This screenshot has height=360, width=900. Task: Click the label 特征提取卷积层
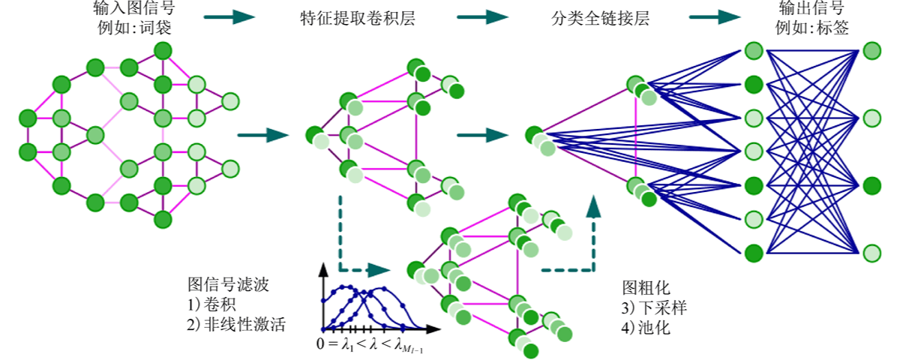point(358,19)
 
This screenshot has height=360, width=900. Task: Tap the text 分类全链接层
point(600,19)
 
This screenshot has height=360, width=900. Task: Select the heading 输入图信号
point(134,7)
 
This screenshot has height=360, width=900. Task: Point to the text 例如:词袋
point(134,28)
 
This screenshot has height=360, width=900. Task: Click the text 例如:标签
point(812,28)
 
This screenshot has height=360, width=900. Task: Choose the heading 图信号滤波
point(228,284)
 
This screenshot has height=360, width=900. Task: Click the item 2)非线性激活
point(236,324)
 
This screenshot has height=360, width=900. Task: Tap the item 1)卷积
point(211,304)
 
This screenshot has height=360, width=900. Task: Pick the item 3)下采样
point(654,307)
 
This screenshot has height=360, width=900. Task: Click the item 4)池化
point(646,328)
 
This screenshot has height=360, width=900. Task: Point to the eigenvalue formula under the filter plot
point(370,345)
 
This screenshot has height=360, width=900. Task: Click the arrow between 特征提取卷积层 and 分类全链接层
point(482,16)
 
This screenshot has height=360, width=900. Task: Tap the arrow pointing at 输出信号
point(715,16)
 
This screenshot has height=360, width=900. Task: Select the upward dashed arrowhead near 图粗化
point(593,206)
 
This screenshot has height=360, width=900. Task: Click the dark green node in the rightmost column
point(871,186)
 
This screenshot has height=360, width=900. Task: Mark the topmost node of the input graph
point(163,51)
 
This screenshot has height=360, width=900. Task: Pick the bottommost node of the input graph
point(163,219)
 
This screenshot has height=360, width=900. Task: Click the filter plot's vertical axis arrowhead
point(323,270)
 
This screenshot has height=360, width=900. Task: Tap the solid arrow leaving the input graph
point(263,135)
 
